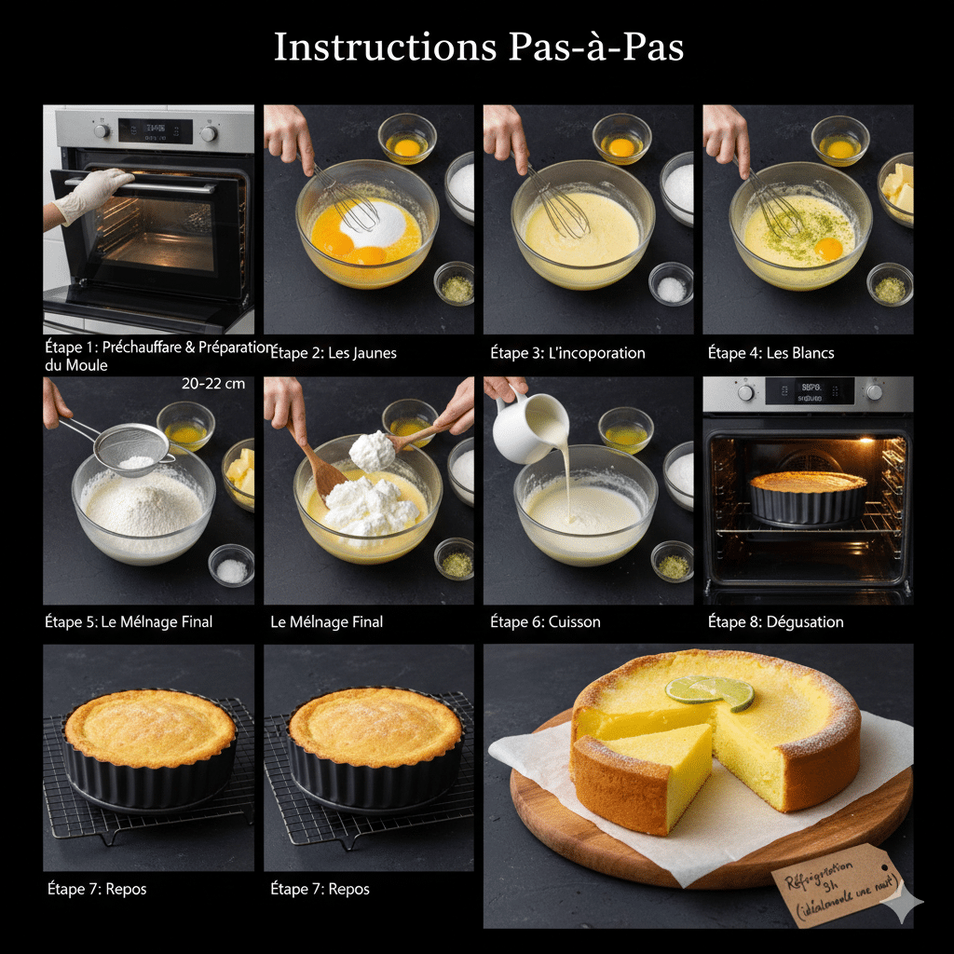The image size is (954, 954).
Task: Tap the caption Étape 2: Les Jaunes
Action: tap(333, 353)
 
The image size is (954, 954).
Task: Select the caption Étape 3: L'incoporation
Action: tap(567, 353)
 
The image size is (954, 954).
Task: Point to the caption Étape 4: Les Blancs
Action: tap(770, 353)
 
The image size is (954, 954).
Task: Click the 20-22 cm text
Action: tap(213, 383)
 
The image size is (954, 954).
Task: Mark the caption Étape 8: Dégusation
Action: tap(775, 621)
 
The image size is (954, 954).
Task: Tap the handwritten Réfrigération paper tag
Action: tap(838, 885)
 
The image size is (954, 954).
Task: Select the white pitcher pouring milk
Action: tap(526, 426)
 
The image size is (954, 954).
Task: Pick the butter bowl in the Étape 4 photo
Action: tap(897, 189)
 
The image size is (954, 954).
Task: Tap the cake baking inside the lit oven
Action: tap(808, 496)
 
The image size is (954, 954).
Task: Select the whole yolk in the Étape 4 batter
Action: tap(828, 248)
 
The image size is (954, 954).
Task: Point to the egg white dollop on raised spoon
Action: tap(373, 451)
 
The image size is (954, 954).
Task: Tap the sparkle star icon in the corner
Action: tap(902, 903)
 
